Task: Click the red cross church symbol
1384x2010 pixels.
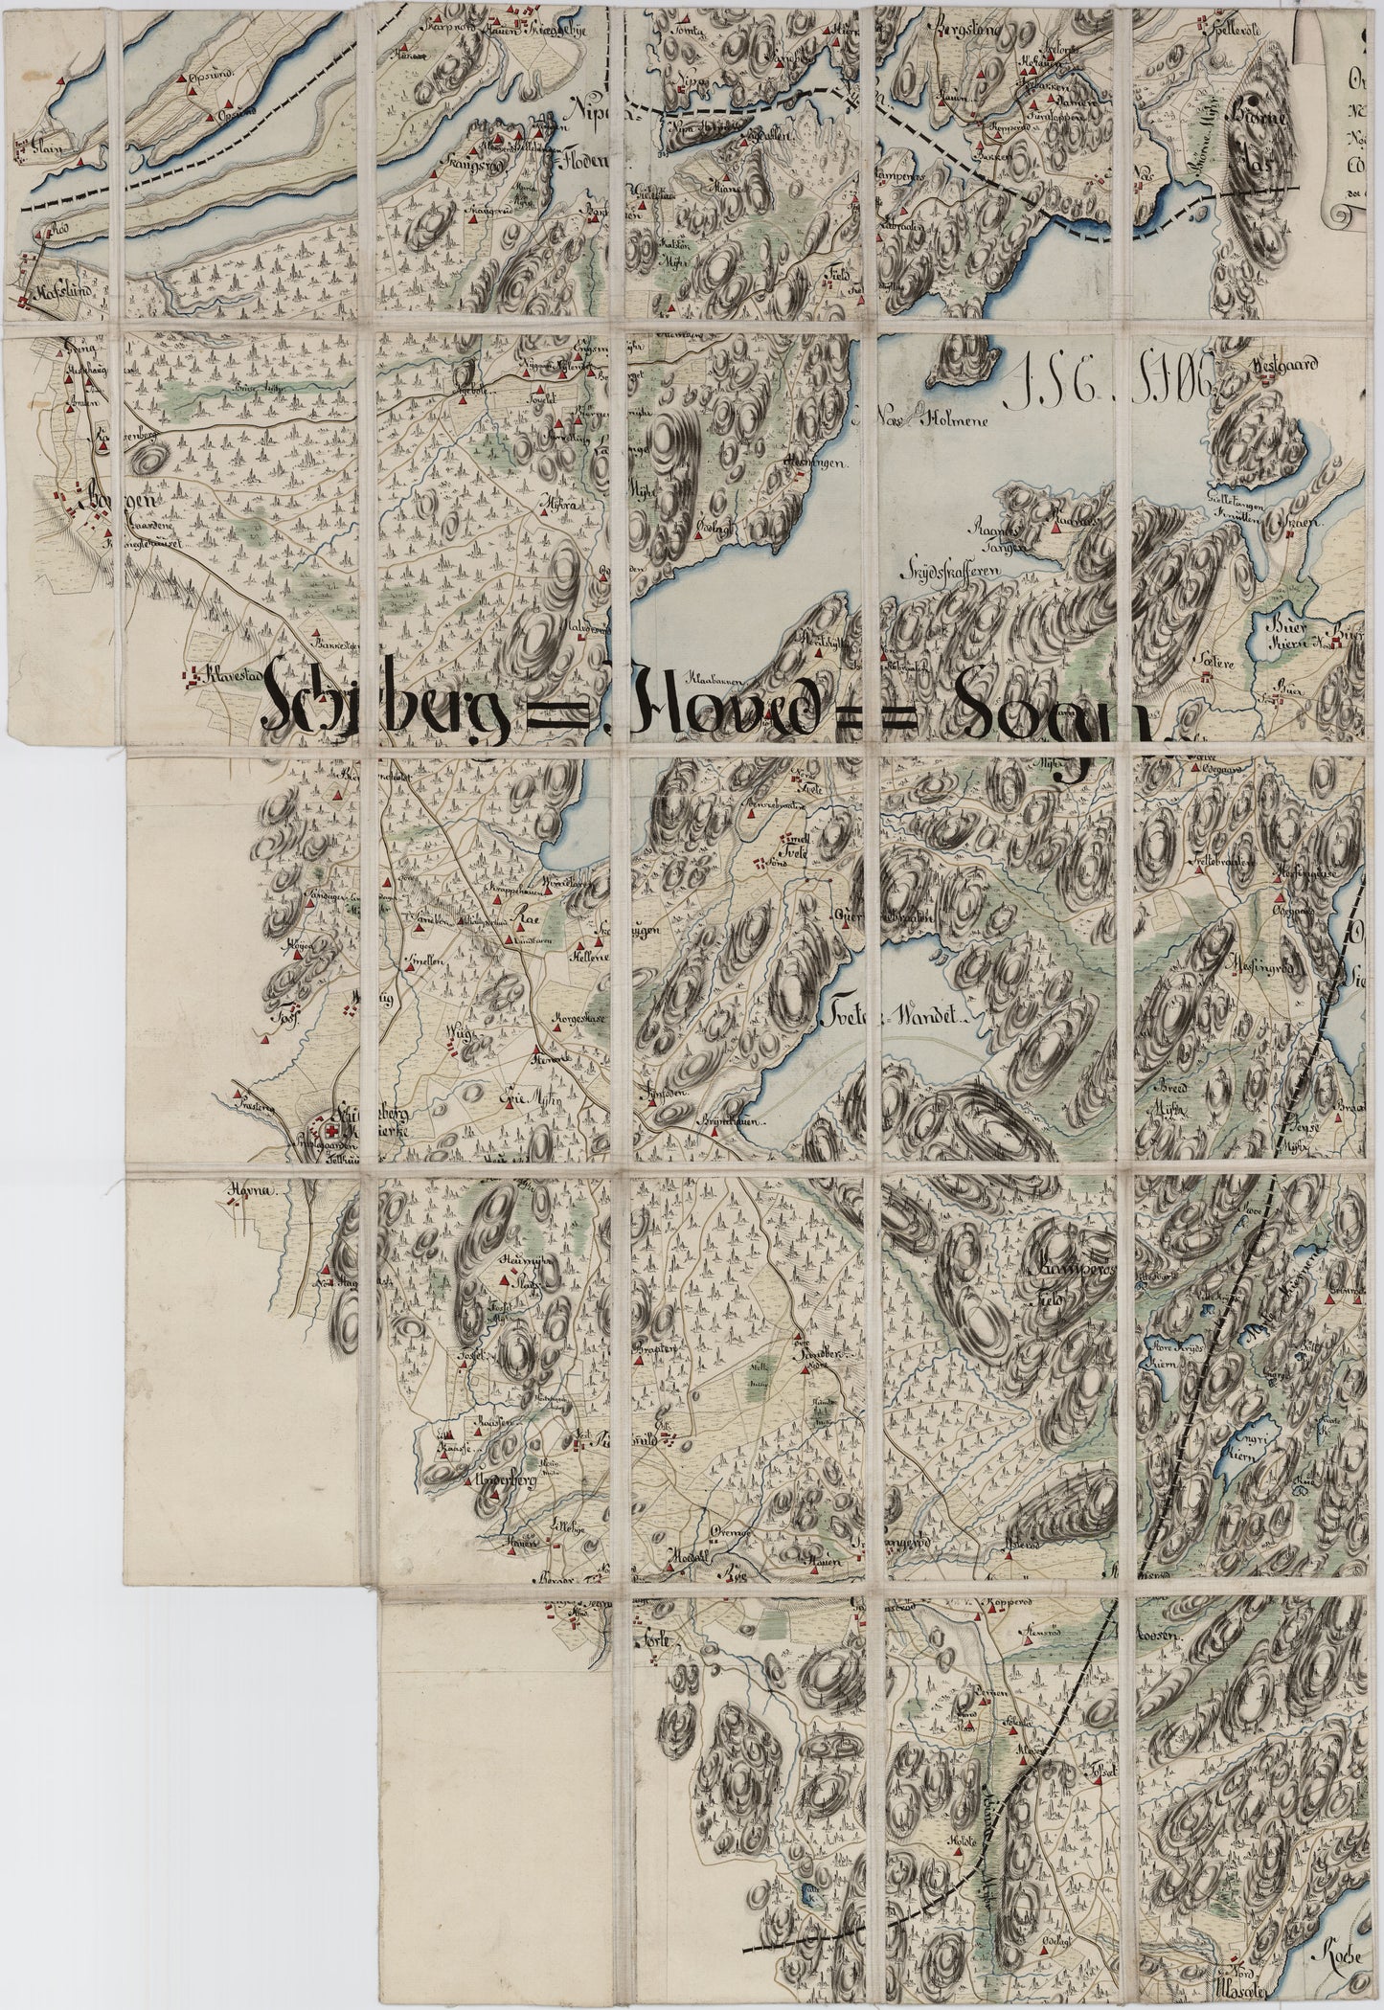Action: [334, 1130]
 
